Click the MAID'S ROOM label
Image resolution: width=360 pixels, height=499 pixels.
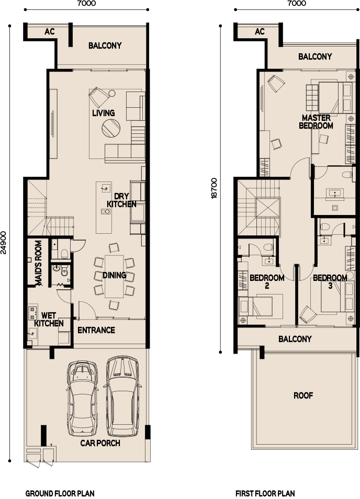tap(38, 263)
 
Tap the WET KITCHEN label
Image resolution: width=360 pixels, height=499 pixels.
tap(49, 320)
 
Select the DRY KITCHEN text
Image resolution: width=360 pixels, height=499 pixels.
tap(121, 200)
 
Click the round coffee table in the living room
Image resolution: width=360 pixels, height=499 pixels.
tap(111, 128)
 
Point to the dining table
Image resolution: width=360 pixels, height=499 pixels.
tap(114, 276)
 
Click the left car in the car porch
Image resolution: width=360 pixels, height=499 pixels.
tap(82, 399)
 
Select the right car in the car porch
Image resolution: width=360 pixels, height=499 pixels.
tap(122, 396)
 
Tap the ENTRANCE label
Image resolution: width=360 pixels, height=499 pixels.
tap(96, 330)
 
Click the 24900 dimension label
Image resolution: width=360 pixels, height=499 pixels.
tap(4, 243)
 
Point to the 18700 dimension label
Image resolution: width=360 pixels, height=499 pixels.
tap(214, 188)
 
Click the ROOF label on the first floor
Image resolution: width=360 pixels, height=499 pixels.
tap(303, 395)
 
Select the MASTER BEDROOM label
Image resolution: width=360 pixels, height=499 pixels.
tap(316, 122)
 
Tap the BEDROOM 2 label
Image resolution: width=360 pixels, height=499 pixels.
tap(267, 281)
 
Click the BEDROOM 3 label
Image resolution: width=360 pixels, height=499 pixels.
tap(330, 281)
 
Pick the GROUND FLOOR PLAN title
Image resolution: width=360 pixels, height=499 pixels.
tap(60, 494)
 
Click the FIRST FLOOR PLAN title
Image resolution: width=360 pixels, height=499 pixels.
tap(265, 494)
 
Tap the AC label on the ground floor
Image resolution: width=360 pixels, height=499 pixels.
tap(49, 31)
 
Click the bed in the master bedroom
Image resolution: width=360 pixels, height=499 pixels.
tap(330, 98)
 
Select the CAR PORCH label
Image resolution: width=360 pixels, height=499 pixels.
tap(100, 443)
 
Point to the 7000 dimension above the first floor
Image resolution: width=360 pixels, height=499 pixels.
tap(297, 3)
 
